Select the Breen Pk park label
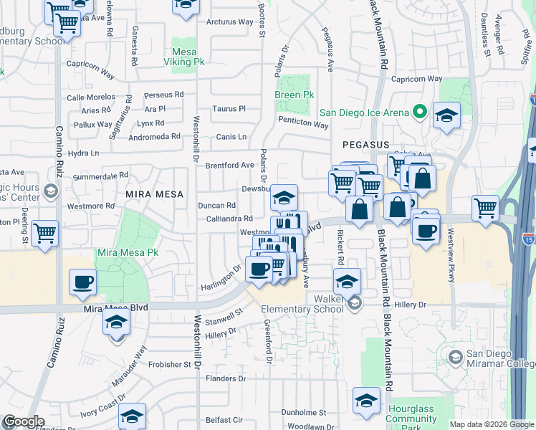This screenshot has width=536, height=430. pos(295,95)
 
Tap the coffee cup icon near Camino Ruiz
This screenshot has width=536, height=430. pos(82,281)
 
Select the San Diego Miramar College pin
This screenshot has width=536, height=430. pos(454,357)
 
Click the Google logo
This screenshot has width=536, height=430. pos(23,421)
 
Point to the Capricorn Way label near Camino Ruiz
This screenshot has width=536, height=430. pos(90,73)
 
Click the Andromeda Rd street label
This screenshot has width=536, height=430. pos(154,136)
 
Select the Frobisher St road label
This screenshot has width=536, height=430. pos(171,365)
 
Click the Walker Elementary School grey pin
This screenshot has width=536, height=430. pos(354,305)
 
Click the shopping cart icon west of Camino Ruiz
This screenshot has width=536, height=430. pos(44,231)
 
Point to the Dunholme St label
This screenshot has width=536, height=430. pos(303,413)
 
